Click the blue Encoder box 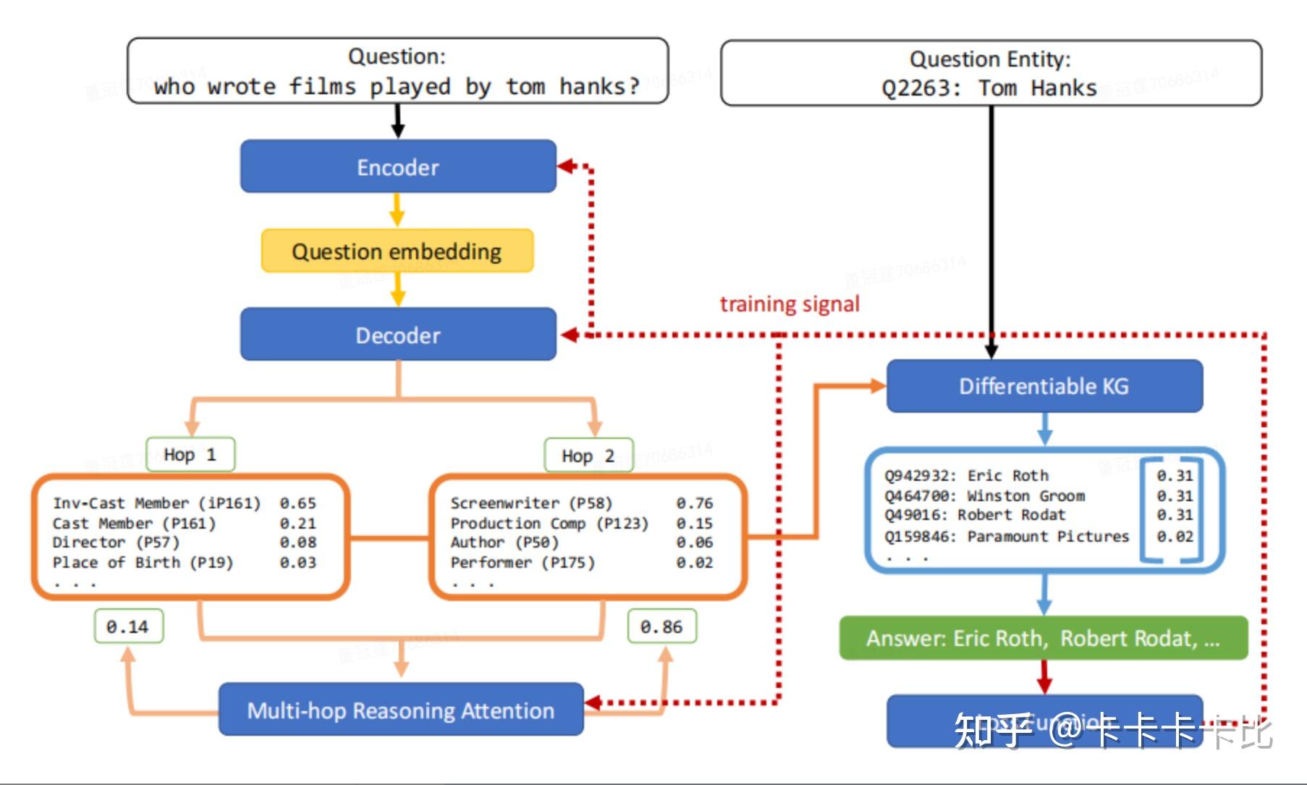coord(398,167)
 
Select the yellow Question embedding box coord(397,251)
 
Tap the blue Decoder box coord(398,335)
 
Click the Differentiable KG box coord(1044,386)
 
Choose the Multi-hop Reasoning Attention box coord(401,710)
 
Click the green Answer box coord(1043,639)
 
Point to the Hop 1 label coord(190,455)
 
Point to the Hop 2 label coord(588,456)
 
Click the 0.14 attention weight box coord(128,626)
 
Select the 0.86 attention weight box coord(661,627)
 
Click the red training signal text coord(790,304)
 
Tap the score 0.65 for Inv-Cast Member coord(298,503)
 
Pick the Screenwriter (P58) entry coord(531,503)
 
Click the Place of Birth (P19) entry coord(143,563)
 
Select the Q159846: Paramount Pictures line coord(1006,537)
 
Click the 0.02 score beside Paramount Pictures coord(1174,537)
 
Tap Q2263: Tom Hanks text coord(989,88)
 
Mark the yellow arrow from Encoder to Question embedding coord(397,210)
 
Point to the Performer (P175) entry coord(523,563)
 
